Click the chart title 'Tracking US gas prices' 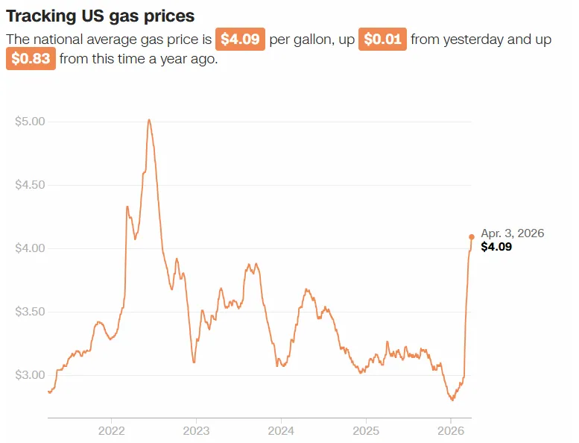click(x=100, y=15)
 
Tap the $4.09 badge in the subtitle click(x=240, y=39)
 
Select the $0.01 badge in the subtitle click(x=382, y=39)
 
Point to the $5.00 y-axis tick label click(x=30, y=122)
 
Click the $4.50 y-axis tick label click(x=30, y=185)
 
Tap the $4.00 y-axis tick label click(x=30, y=248)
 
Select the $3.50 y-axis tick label click(x=30, y=312)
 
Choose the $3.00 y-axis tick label click(x=30, y=374)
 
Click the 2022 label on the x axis click(x=111, y=430)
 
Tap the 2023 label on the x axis click(x=196, y=430)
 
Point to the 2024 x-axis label click(x=281, y=430)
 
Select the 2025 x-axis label click(x=366, y=430)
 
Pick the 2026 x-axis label click(x=451, y=430)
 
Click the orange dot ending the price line click(x=472, y=237)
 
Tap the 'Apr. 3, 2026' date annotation click(x=513, y=233)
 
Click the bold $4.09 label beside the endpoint click(x=496, y=247)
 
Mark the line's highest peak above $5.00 click(x=149, y=119)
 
